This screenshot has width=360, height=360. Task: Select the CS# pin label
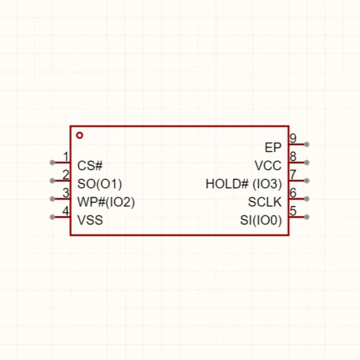[90, 166]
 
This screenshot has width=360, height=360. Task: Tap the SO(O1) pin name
[99, 184]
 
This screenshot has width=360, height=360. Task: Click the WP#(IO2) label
[106, 202]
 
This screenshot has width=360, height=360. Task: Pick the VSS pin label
[90, 220]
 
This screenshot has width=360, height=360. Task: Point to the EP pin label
[273, 148]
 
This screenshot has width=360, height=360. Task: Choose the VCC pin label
[268, 166]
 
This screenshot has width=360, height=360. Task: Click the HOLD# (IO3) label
[244, 184]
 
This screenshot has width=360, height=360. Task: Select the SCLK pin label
[264, 202]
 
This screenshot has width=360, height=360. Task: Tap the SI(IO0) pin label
[261, 221]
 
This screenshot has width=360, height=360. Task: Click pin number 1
[66, 157]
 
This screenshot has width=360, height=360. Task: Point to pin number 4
[65, 211]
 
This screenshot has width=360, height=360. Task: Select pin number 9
[293, 139]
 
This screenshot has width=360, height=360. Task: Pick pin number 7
[293, 175]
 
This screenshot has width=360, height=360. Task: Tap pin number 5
[293, 211]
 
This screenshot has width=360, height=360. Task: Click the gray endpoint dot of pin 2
[52, 181]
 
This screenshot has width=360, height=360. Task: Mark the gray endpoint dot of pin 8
[306, 162]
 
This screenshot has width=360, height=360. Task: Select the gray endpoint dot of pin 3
[52, 199]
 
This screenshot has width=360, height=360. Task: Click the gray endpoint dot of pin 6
[306, 199]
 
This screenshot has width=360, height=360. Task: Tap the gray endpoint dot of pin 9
[306, 145]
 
